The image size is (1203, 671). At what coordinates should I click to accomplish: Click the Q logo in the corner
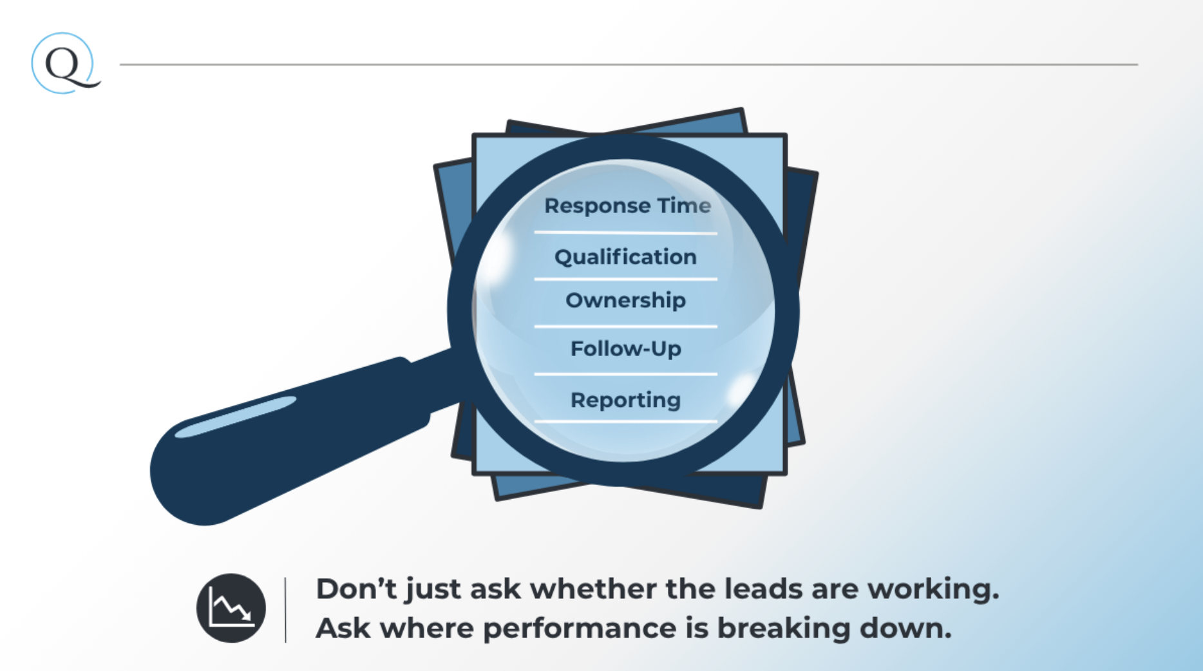(66, 64)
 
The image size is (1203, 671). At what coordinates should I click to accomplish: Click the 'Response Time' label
(627, 206)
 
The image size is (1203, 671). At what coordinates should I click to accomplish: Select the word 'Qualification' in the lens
(625, 257)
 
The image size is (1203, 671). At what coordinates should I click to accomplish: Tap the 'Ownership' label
(625, 301)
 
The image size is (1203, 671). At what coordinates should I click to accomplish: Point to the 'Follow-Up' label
(625, 349)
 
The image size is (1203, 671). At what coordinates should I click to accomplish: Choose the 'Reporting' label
(625, 401)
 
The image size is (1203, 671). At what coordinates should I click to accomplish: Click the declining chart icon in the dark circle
(231, 608)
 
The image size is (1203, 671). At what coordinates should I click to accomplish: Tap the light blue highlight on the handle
(236, 417)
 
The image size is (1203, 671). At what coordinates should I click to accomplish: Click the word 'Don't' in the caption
(356, 589)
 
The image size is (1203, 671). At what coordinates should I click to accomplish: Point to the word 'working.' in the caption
(933, 589)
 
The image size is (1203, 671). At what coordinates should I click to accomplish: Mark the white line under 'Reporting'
(625, 422)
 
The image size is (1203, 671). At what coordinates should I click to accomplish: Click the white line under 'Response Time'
(625, 232)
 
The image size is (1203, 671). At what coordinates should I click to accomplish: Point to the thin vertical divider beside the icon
(285, 610)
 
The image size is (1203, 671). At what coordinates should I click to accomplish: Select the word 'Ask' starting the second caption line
(343, 628)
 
